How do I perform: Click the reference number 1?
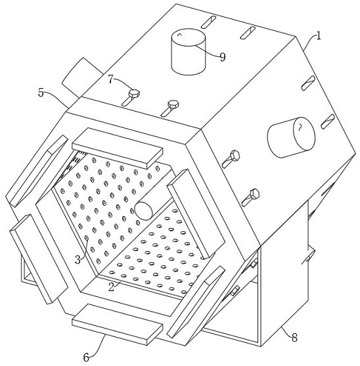pos(319,36)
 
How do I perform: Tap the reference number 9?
pos(223,57)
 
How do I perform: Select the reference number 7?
pos(110,80)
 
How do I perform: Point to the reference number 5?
pos(41,93)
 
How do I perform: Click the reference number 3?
pos(78,260)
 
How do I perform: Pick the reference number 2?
pos(112,287)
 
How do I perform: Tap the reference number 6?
pos(86,357)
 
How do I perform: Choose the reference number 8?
pos(294,338)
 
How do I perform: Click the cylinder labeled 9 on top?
pos(189,52)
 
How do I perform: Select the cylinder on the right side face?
pos(291,137)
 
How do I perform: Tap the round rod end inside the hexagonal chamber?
pos(144,211)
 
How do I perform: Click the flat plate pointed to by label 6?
pos(118,324)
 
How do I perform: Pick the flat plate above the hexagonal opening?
pos(118,149)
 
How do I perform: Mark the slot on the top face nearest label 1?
pos(248,33)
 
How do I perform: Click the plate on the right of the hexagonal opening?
pos(196,214)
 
